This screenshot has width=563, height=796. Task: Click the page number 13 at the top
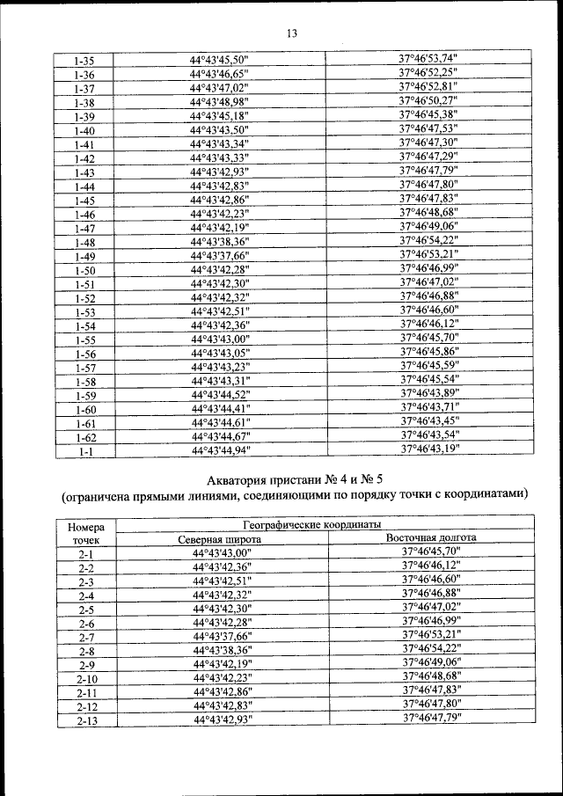click(292, 33)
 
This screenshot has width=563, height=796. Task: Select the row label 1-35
click(85, 62)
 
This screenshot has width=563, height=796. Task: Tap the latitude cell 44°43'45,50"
click(221, 61)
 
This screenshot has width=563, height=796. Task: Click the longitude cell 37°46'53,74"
click(428, 59)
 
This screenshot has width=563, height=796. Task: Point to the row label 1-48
click(85, 243)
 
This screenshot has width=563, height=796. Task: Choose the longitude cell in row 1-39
click(428, 115)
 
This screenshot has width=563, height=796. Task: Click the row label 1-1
click(85, 450)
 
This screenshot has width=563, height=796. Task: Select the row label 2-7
click(85, 637)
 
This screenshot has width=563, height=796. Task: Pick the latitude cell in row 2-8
click(221, 651)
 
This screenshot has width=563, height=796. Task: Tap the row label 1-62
click(85, 436)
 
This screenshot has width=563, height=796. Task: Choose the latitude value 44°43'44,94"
click(221, 450)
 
